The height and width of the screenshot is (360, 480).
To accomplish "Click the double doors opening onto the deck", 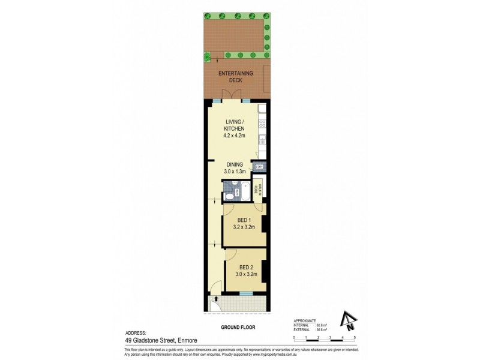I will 229,95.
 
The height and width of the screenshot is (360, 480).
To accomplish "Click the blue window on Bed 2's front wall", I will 245,293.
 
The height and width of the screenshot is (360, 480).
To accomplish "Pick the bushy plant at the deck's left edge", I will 208,57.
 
